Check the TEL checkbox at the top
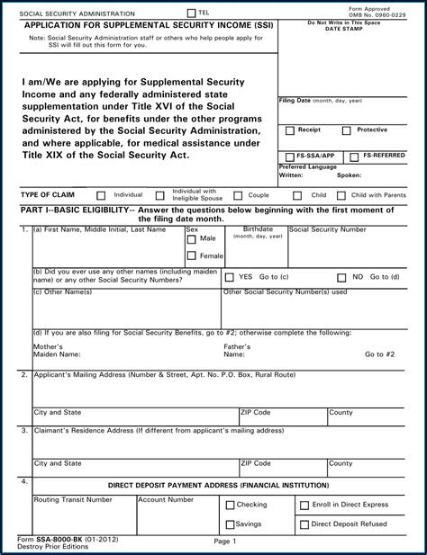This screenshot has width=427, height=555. point(191,13)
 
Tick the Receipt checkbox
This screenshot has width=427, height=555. point(290,130)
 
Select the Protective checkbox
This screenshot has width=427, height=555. point(348,130)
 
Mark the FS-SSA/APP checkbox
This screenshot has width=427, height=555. point(289,157)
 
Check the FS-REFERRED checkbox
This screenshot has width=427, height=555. point(354,157)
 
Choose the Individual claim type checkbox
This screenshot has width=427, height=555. point(101,195)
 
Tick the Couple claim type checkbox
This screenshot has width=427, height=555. point(238,195)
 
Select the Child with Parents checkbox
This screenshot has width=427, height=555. point(342,195)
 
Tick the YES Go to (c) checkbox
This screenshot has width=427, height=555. point(230,278)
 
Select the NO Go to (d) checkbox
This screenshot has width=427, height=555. point(341,278)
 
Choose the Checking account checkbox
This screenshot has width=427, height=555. point(230,506)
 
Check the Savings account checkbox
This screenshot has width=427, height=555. point(230,524)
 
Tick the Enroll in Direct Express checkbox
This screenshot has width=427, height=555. point(304,506)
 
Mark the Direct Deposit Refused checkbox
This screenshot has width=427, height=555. point(304,524)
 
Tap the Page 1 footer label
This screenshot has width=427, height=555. point(224,542)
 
